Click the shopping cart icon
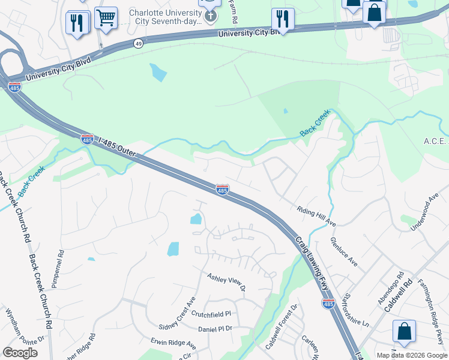click(x=106, y=18)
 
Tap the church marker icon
click(x=210, y=14)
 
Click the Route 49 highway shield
click(x=139, y=43)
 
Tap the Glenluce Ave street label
click(x=343, y=251)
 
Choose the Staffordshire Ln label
click(x=354, y=309)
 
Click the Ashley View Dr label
click(x=226, y=282)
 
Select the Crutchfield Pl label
click(x=212, y=314)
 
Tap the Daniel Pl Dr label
click(x=215, y=329)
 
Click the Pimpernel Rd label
click(x=58, y=269)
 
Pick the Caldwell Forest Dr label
click(x=282, y=328)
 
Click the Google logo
click(x=20, y=353)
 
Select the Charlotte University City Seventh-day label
click(x=164, y=16)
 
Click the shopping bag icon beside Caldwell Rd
click(x=404, y=332)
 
